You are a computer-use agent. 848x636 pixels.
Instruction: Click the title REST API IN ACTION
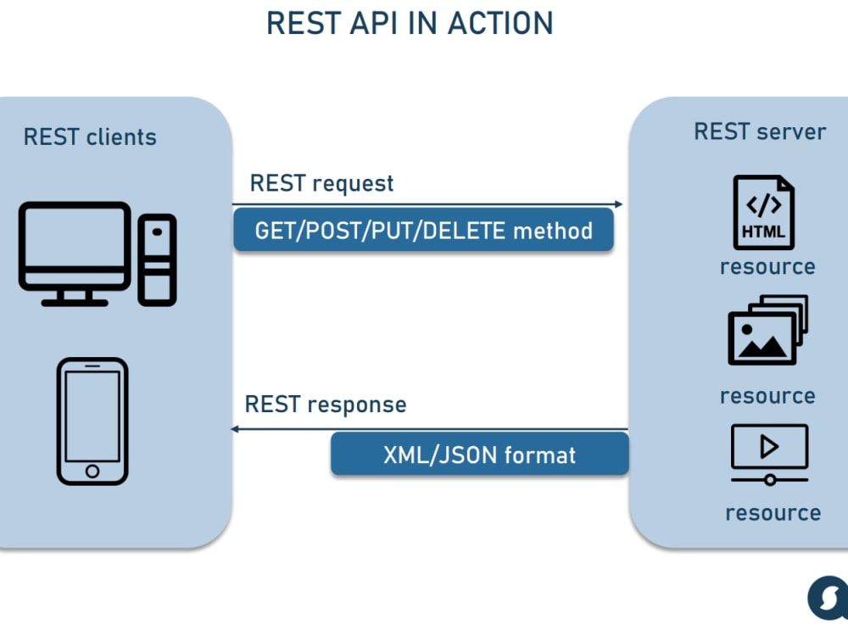point(410,23)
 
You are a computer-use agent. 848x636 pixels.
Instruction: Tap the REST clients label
point(90,137)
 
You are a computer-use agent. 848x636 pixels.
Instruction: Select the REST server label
point(760,131)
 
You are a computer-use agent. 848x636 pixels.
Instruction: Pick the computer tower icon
point(158,260)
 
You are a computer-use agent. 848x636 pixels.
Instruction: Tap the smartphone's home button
point(92,471)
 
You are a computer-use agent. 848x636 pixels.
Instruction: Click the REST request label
point(321,184)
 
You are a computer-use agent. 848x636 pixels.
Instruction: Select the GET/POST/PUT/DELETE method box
point(423,231)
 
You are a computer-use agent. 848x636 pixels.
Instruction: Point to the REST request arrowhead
point(619,204)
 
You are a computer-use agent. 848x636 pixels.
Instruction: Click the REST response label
point(325,404)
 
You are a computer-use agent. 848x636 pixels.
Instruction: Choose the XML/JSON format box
point(480,455)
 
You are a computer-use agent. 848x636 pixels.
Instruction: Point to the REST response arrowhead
point(234,429)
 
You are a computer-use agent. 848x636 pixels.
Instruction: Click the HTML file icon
point(764,212)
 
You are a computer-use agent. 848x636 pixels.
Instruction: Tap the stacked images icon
point(768,330)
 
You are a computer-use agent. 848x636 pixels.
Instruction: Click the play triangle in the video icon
point(768,447)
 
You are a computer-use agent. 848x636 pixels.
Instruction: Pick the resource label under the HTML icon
point(767,267)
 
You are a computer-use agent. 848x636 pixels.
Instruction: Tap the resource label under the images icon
point(767,396)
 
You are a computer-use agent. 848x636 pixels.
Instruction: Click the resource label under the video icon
point(773,513)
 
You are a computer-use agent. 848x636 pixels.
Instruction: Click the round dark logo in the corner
point(828,598)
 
